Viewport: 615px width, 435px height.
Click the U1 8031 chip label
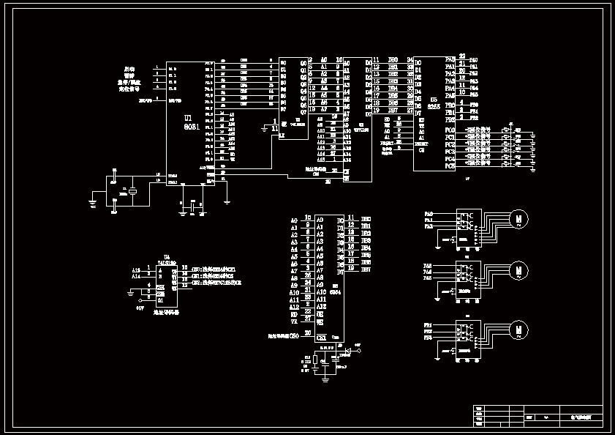(x=189, y=121)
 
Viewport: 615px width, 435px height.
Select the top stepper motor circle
(x=518, y=218)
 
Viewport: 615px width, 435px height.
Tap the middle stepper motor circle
(x=518, y=270)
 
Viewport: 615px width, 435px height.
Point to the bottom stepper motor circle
(x=518, y=330)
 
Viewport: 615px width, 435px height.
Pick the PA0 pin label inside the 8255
(x=450, y=58)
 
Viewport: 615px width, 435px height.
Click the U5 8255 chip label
(x=434, y=103)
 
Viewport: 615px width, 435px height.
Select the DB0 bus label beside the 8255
(x=393, y=59)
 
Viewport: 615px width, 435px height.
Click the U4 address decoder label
(x=169, y=261)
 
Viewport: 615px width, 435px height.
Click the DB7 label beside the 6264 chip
(x=366, y=269)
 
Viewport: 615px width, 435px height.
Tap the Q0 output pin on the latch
(x=303, y=63)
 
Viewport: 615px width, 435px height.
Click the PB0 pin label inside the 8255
(x=450, y=105)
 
